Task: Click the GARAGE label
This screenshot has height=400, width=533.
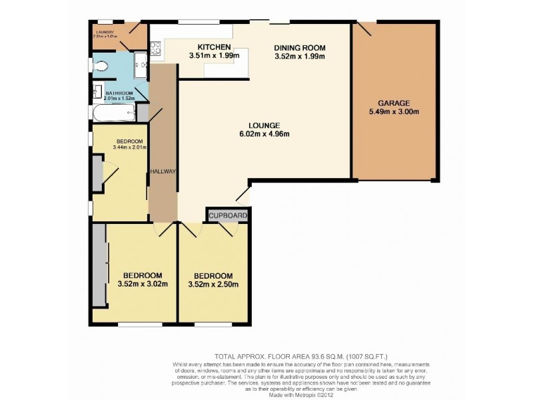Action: pyautogui.click(x=394, y=103)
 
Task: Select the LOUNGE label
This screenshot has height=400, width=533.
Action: pyautogui.click(x=265, y=125)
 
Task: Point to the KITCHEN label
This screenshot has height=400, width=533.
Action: pyautogui.click(x=214, y=47)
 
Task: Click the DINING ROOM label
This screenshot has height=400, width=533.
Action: pyautogui.click(x=299, y=47)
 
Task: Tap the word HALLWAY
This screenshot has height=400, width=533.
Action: pyautogui.click(x=163, y=171)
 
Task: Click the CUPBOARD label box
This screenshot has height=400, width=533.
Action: pyautogui.click(x=229, y=216)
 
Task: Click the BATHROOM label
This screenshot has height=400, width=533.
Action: pyautogui.click(x=119, y=93)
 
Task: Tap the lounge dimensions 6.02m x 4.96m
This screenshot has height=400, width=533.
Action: pyautogui.click(x=265, y=134)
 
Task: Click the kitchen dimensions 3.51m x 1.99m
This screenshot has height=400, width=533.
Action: pyautogui.click(x=214, y=56)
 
